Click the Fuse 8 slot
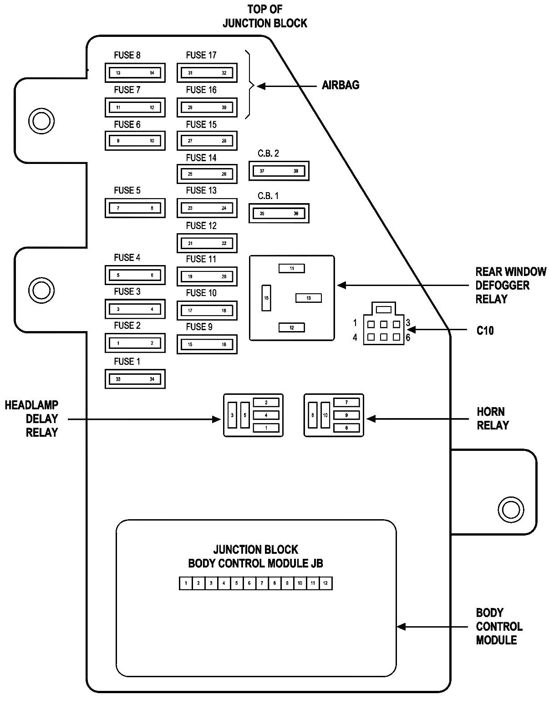coord(135,73)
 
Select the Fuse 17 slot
coord(207,73)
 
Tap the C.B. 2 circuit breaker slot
coord(279,171)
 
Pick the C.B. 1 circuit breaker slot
coord(279,213)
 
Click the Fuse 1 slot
coord(135,379)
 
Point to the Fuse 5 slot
coord(135,208)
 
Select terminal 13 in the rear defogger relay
coord(309,298)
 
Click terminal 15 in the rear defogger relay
coord(266,298)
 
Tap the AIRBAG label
coord(341,85)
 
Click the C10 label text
coord(485,330)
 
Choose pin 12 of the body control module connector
coord(325,583)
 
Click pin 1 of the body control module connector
coord(186,583)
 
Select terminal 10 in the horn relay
coord(325,415)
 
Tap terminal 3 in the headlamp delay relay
coord(232,415)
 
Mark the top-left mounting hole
coord(41,121)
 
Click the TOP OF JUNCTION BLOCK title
coord(264,16)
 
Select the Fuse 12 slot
coord(207,243)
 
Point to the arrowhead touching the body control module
coord(401,627)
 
